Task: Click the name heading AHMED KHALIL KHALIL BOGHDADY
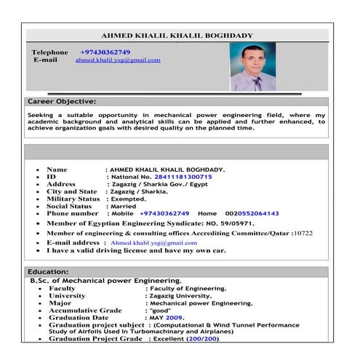point(177,35)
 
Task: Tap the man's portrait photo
point(252,67)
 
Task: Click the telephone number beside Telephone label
point(105,52)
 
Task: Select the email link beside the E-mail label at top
point(118,60)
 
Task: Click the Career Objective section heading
point(61,101)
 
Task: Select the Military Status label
point(73,199)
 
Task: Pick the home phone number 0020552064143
point(252,214)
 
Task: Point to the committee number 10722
point(303,233)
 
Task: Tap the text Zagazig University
point(178,296)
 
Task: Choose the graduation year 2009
point(174,318)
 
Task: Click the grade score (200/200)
point(202,339)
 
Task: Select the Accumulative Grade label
point(85,311)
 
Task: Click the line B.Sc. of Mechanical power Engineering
point(105,281)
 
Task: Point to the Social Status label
point(69,206)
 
